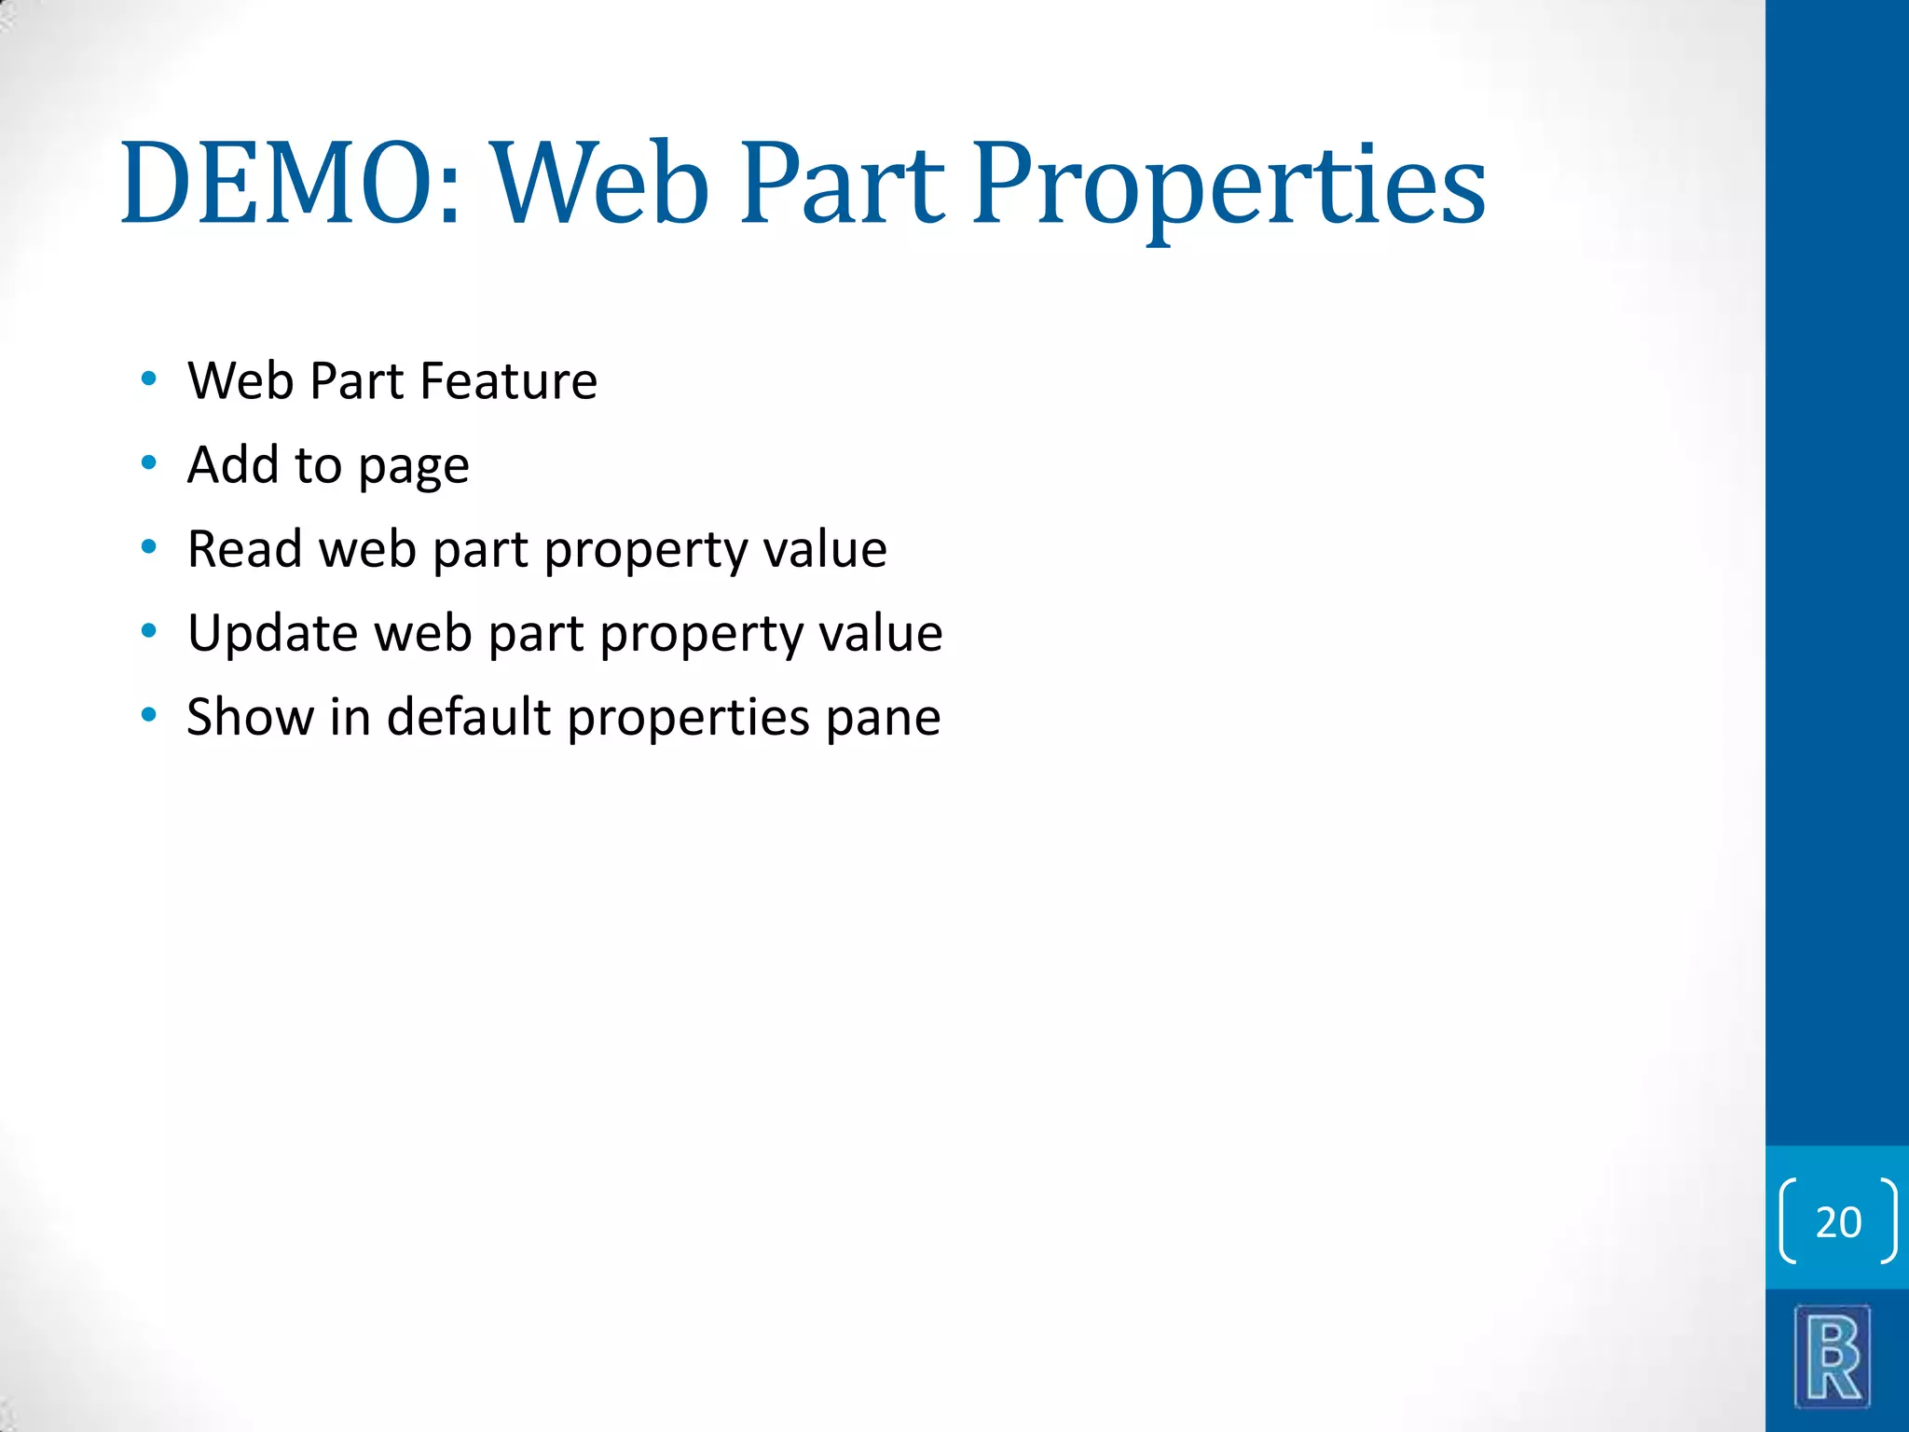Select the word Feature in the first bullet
coord(508,381)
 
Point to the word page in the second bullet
coord(414,466)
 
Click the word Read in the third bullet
coord(244,548)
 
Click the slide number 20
coord(1838,1222)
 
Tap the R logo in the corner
coord(1833,1357)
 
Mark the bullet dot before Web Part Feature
coord(148,379)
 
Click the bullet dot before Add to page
coord(148,463)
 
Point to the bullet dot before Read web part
coord(148,547)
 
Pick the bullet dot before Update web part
coord(148,632)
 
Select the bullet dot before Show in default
coord(148,716)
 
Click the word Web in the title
coord(601,184)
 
